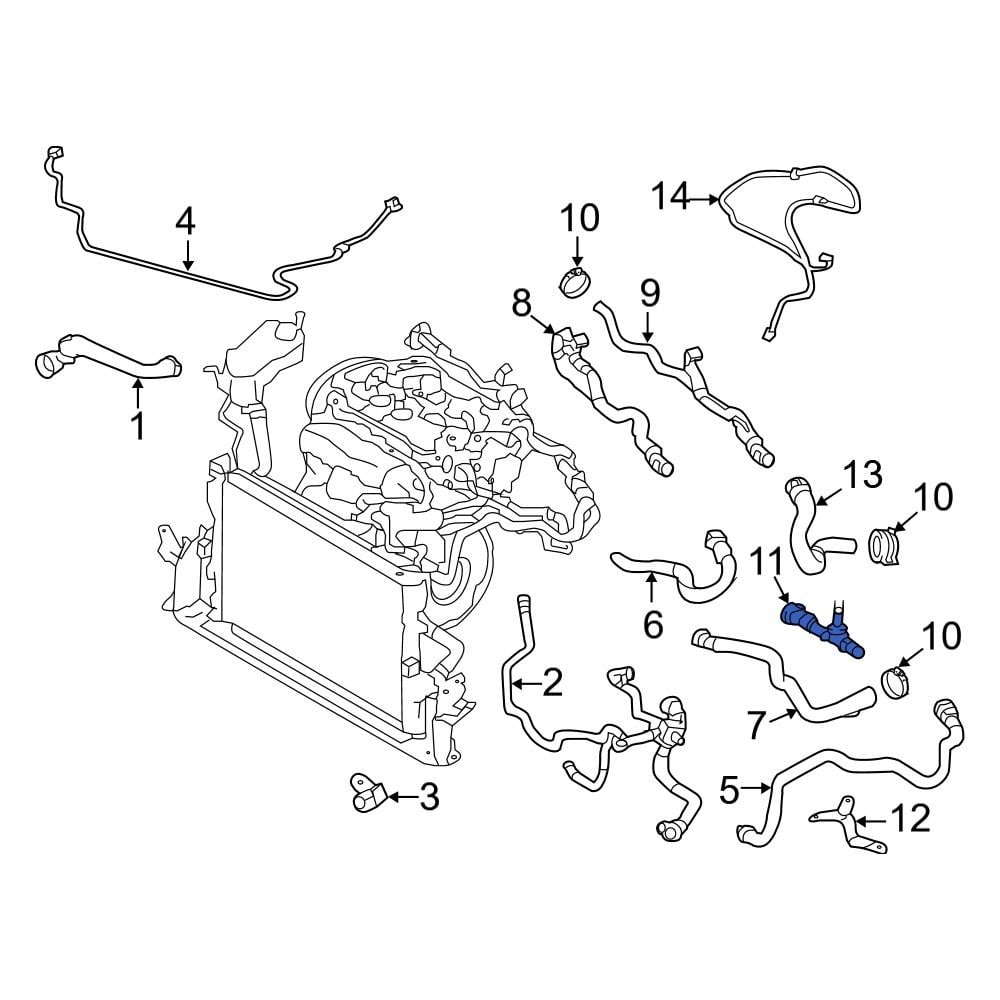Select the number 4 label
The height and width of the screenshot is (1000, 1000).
pos(185,222)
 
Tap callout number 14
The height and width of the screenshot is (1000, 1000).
pos(671,197)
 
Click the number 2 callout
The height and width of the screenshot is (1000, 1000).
pos(551,684)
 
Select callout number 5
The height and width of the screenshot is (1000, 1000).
pos(728,791)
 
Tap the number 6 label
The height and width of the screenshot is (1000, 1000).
pos(652,625)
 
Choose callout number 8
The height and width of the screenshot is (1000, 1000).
pos(522,301)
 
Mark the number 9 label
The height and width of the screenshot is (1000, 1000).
pos(649,293)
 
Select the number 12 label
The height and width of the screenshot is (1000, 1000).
pos(911,819)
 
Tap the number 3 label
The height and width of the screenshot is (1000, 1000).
pos(428,797)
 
